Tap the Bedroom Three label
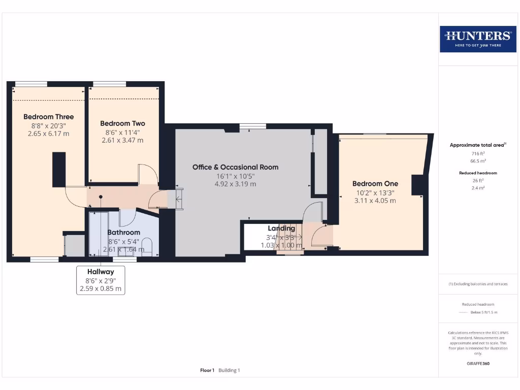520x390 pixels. pyautogui.click(x=49, y=117)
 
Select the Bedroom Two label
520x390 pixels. pyautogui.click(x=122, y=123)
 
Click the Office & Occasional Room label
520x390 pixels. pyautogui.click(x=235, y=167)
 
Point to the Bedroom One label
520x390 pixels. pyautogui.click(x=375, y=184)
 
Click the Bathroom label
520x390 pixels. pyautogui.click(x=123, y=233)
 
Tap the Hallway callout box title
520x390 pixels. pyautogui.click(x=100, y=272)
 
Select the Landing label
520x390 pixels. pyautogui.click(x=281, y=229)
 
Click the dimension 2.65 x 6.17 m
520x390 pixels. pyautogui.click(x=49, y=134)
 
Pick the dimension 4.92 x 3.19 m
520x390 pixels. pyautogui.click(x=235, y=184)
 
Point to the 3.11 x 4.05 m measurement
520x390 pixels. pyautogui.click(x=375, y=201)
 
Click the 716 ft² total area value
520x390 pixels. pyautogui.click(x=477, y=153)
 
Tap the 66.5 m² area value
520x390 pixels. pyautogui.click(x=477, y=160)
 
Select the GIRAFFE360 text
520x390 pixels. pyautogui.click(x=478, y=364)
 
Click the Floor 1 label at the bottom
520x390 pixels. pyautogui.click(x=207, y=370)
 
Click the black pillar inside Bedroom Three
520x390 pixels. pyautogui.click(x=59, y=169)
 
